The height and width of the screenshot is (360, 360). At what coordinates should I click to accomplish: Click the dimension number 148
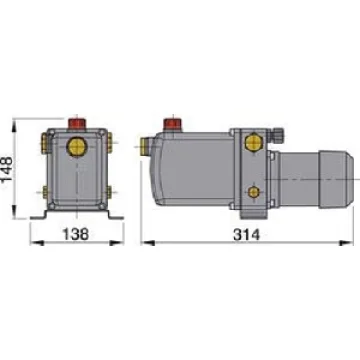7,169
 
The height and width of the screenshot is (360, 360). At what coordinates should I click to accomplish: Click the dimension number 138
76,234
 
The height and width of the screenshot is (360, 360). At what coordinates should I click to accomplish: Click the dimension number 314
246,235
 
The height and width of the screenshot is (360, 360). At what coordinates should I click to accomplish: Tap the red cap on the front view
77,123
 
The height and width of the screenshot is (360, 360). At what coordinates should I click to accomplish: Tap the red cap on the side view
172,124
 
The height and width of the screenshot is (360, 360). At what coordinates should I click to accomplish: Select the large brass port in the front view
77,147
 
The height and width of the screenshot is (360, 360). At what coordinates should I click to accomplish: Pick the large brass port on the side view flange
254,143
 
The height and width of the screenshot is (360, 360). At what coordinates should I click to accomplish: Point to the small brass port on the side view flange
254,192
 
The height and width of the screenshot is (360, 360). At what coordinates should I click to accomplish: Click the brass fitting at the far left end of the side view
145,146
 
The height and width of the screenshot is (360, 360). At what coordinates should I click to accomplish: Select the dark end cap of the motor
336,179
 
